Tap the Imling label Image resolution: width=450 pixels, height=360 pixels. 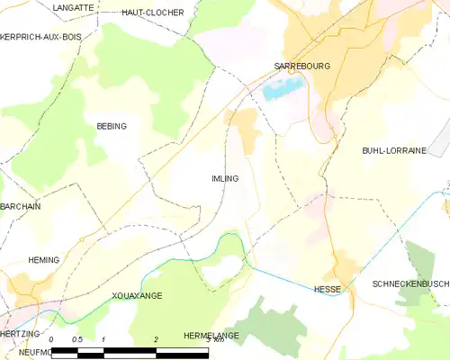[x=225, y=178]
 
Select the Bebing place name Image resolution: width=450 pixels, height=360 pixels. [x=112, y=126]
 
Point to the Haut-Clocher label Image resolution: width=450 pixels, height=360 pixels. [x=152, y=13]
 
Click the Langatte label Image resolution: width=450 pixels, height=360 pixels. [x=73, y=7]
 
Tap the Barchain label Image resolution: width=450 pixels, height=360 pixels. [x=21, y=206]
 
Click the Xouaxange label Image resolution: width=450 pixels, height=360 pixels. [x=137, y=295]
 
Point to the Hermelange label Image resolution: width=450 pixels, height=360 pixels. [x=210, y=335]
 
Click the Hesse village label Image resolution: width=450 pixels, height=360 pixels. [x=327, y=289]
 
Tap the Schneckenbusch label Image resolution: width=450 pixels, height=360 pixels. [x=410, y=283]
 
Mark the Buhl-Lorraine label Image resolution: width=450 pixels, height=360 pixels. [x=393, y=151]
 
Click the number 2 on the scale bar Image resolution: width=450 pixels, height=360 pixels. [x=156, y=339]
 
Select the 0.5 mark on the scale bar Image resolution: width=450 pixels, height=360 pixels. [x=77, y=339]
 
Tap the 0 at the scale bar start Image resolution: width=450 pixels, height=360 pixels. [x=53, y=339]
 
